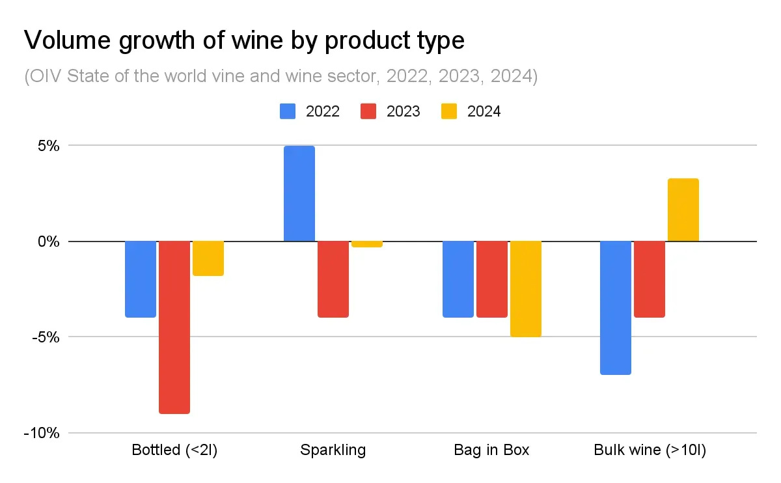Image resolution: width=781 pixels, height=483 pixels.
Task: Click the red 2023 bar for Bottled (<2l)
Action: tap(174, 327)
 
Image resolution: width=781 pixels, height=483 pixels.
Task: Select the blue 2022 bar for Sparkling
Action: tap(299, 194)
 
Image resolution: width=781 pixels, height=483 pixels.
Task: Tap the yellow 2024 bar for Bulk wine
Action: tap(683, 210)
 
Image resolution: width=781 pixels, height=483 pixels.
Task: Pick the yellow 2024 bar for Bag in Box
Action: tap(526, 289)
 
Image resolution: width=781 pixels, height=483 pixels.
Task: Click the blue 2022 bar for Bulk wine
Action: tap(616, 307)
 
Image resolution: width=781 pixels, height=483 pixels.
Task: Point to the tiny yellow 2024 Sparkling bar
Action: tap(367, 244)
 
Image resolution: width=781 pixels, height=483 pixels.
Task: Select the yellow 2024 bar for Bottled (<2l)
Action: tap(208, 258)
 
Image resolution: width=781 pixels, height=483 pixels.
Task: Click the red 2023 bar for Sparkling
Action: tap(333, 279)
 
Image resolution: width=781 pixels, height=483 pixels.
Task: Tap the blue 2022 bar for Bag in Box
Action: tap(458, 279)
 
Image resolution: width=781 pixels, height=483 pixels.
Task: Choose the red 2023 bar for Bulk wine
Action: tap(650, 279)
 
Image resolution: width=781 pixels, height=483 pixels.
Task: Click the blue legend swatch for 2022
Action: tap(288, 111)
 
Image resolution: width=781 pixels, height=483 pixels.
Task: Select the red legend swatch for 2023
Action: tap(369, 111)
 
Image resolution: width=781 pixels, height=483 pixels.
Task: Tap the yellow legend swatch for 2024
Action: tap(450, 111)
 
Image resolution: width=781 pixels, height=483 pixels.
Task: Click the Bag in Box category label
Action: tap(492, 450)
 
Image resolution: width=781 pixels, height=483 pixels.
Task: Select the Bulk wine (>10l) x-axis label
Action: tap(650, 450)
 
